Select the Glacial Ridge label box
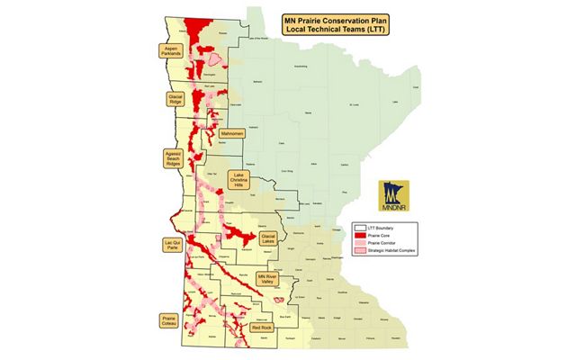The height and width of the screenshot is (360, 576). pos(176,97)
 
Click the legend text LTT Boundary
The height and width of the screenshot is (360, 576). pos(379,229)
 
